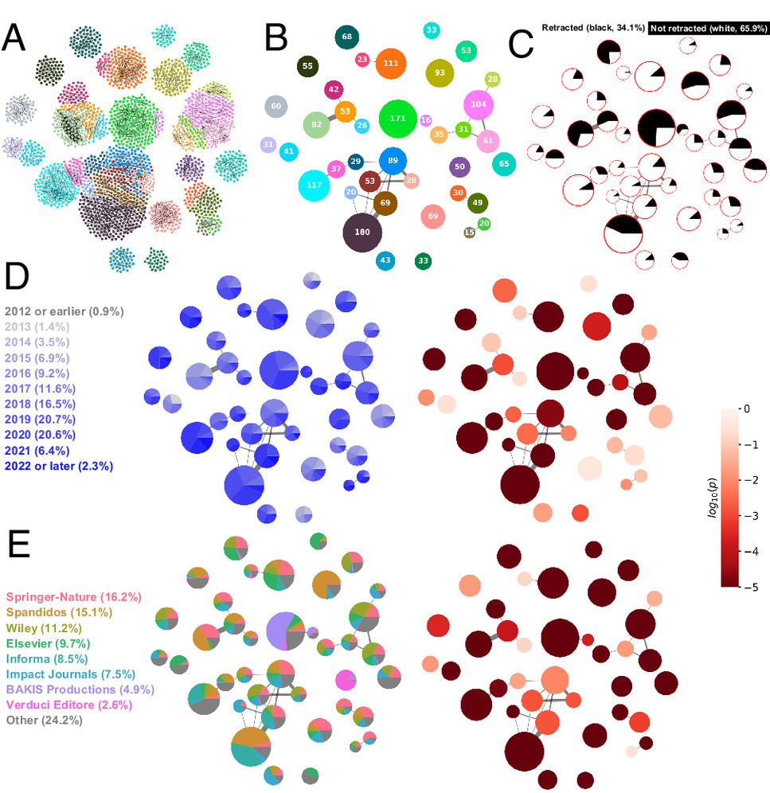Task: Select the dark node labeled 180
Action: tap(362, 232)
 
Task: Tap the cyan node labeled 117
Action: tap(315, 186)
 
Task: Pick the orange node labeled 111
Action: tap(390, 63)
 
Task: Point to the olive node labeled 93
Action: tap(440, 72)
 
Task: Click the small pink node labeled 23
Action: tap(362, 60)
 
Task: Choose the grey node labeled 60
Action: tap(276, 106)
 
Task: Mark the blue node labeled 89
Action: tap(393, 161)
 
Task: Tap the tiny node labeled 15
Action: tap(469, 232)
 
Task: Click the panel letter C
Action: tap(520, 44)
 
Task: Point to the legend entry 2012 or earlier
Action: tap(64, 311)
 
